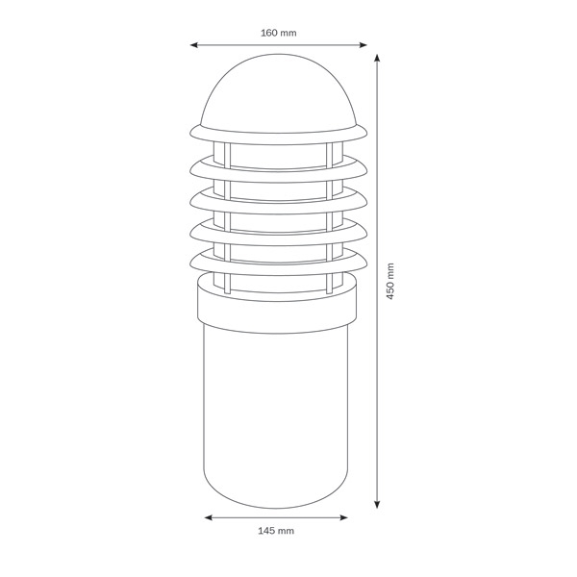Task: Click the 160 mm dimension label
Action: [x=279, y=33]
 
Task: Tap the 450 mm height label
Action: [x=390, y=281]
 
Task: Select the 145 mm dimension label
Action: [x=276, y=531]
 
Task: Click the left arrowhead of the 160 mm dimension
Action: [x=194, y=45]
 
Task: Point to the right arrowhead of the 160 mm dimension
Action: [x=363, y=45]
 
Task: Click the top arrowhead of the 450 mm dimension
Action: [x=377, y=59]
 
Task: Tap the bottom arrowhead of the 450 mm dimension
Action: [x=377, y=504]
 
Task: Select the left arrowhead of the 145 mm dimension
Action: [x=209, y=517]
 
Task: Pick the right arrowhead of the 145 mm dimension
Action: [x=343, y=517]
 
